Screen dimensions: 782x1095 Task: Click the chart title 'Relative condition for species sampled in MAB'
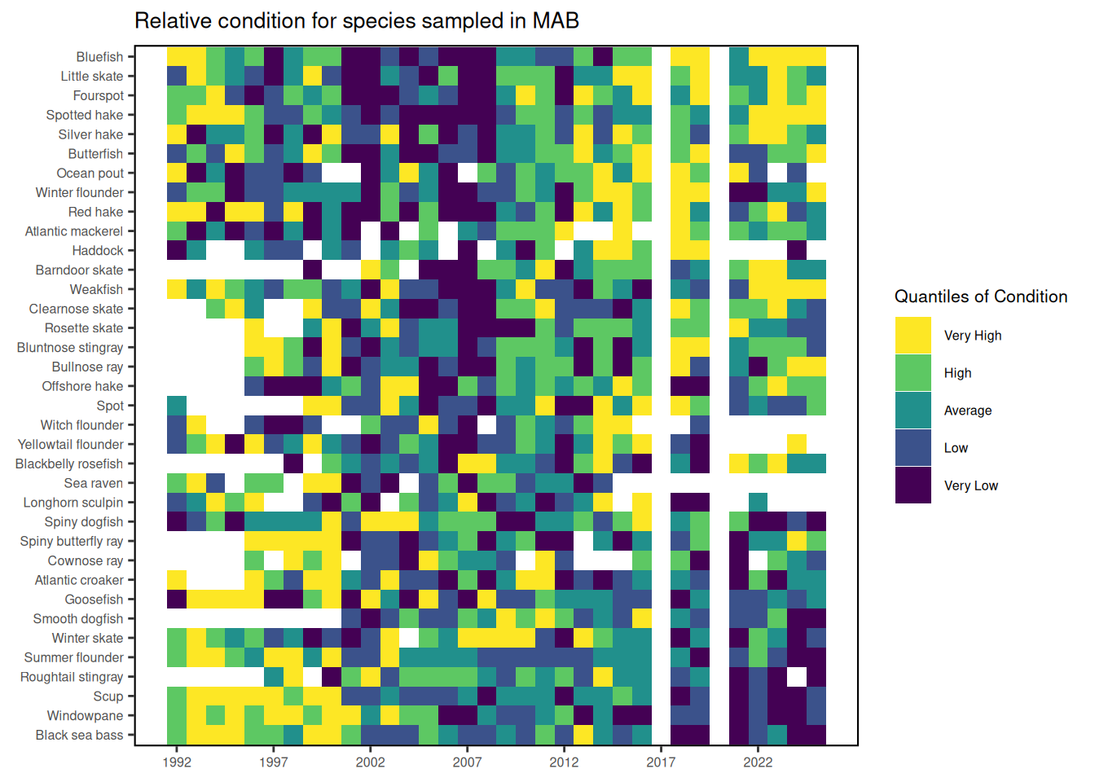356,21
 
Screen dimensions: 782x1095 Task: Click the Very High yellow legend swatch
912,336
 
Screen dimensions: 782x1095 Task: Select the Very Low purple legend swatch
912,485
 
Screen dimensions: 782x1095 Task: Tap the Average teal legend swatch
912,411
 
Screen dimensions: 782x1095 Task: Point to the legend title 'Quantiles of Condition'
980,297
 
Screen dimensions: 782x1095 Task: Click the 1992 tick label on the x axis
177,762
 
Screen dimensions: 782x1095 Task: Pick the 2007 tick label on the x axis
467,762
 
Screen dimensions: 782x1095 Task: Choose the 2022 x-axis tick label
758,762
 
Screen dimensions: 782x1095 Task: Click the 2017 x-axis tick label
661,762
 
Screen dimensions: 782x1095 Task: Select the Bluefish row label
99,57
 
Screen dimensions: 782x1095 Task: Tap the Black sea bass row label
79,736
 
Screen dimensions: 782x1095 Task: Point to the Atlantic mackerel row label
74,231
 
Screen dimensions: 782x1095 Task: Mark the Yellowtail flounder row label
71,445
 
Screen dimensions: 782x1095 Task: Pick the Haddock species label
98,251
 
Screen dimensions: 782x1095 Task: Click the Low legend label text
956,448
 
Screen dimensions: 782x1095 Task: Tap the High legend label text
957,373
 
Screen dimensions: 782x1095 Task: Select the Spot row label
110,406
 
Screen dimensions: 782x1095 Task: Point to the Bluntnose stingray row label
70,348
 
